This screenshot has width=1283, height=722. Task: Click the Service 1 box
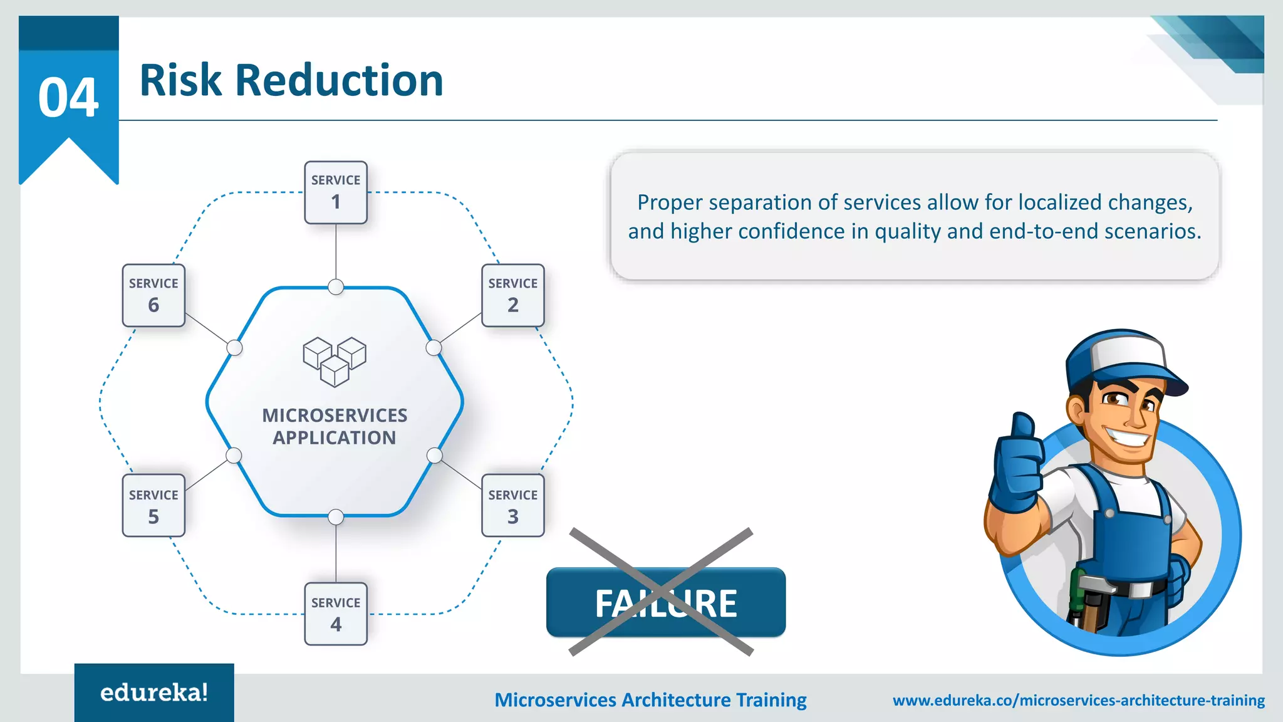336,192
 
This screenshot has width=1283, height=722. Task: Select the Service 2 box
512,295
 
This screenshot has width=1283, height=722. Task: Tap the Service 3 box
512,506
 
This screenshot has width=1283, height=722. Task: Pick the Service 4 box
336,614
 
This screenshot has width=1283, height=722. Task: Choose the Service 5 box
153,506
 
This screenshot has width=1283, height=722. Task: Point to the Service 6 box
153,295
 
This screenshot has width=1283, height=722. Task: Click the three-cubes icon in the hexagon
335,362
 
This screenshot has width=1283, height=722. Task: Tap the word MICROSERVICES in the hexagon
335,416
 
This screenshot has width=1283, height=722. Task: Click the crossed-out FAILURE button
665,602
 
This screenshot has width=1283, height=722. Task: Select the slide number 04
68,98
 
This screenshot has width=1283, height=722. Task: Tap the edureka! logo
154,693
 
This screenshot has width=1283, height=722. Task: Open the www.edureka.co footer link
1078,700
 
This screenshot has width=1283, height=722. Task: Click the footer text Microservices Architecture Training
650,700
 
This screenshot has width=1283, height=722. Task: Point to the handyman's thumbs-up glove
1016,464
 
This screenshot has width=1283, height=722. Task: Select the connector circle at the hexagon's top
336,287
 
